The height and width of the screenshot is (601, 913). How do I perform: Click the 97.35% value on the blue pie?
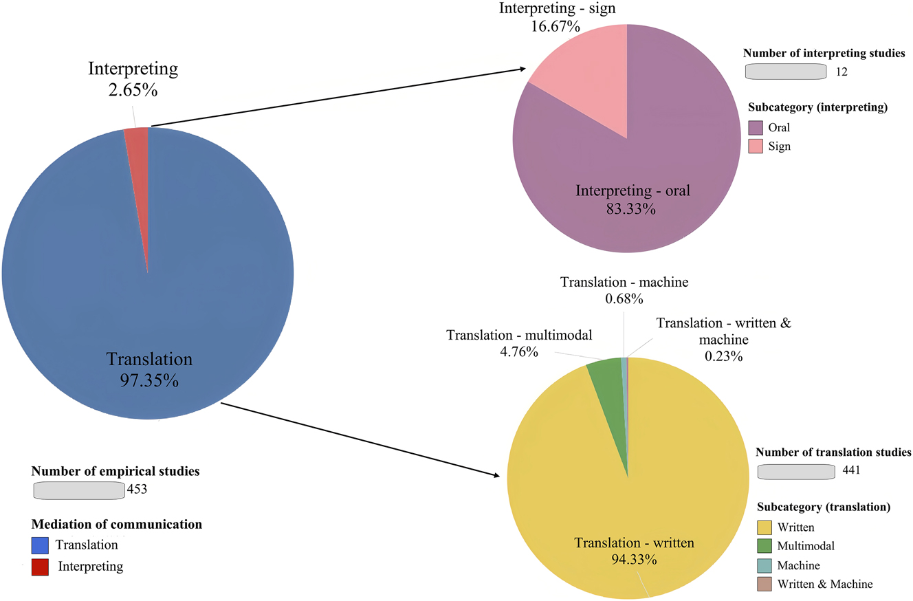(149, 380)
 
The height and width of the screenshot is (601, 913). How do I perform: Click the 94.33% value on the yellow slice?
(634, 559)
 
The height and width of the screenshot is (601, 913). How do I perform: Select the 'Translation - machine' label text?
(624, 282)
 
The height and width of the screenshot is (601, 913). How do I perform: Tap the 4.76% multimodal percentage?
(519, 352)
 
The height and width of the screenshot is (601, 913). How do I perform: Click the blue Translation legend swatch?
(41, 545)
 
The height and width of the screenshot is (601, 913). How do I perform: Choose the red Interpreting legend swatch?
(41, 567)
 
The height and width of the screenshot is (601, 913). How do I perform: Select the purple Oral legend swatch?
(755, 127)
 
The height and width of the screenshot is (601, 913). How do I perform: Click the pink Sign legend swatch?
(755, 146)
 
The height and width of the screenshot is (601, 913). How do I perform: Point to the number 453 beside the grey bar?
(137, 490)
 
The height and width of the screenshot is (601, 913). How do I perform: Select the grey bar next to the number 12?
(785, 72)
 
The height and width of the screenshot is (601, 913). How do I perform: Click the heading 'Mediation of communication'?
(117, 525)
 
